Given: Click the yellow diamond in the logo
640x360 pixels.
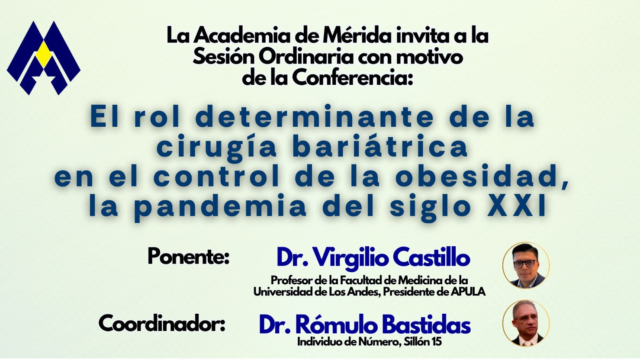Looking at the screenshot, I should click(x=43, y=55).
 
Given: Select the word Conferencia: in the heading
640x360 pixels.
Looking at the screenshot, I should click(x=352, y=78).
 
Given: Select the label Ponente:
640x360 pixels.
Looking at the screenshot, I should click(x=188, y=257).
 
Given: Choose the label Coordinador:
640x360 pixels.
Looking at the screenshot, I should click(x=162, y=324).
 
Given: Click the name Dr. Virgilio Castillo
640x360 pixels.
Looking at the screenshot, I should click(x=373, y=258).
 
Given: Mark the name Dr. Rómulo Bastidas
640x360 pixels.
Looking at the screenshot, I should click(x=365, y=325).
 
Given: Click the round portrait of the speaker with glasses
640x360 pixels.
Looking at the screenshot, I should click(x=526, y=265).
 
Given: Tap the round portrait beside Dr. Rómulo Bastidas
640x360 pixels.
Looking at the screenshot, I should click(x=526, y=323).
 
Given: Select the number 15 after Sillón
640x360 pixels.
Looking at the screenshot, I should click(x=436, y=342).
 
